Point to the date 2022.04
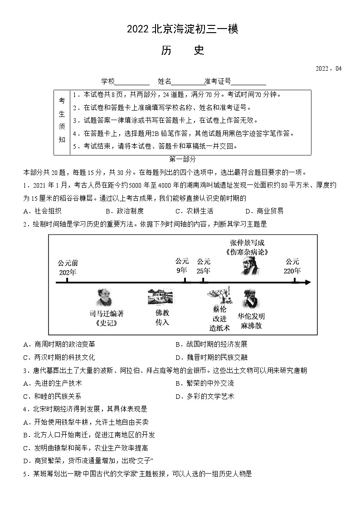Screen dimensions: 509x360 click(328, 69)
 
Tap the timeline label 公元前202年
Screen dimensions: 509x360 click(68, 267)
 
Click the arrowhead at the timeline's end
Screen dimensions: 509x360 click(308, 282)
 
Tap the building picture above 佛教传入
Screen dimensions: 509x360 click(160, 296)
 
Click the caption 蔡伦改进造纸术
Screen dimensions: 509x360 click(219, 318)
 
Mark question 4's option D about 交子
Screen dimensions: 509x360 click(88, 461)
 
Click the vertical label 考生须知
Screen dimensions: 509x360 click(62, 120)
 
